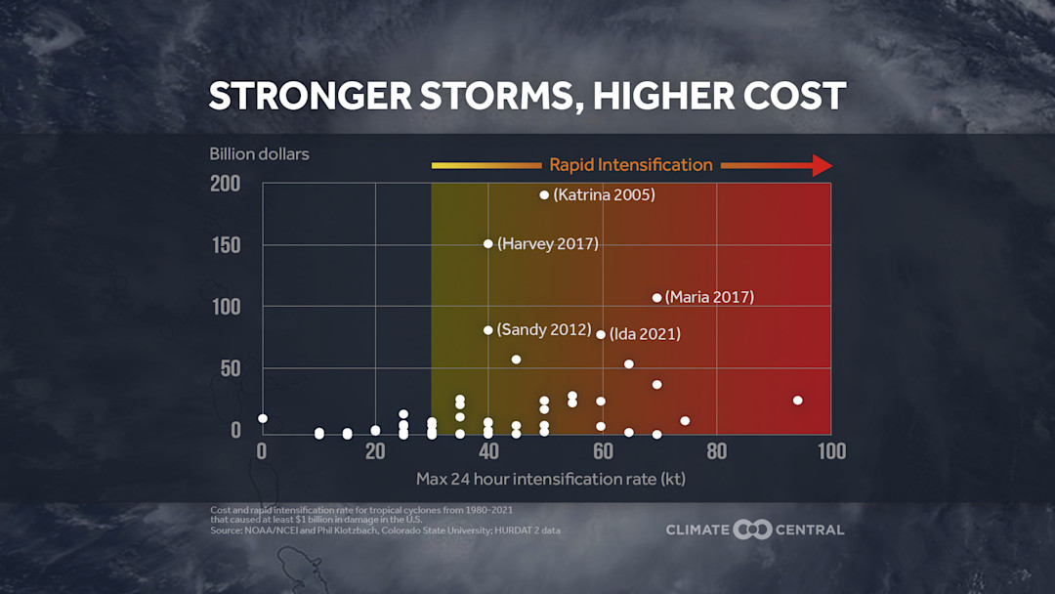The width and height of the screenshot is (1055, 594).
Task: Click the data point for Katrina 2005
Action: [x=544, y=194]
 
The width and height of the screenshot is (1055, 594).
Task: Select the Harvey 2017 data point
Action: [x=487, y=243]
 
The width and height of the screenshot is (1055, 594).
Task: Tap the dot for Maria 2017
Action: [x=656, y=297]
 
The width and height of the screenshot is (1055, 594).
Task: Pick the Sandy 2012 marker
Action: [x=487, y=330]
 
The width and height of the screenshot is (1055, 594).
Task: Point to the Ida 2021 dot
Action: [x=600, y=334]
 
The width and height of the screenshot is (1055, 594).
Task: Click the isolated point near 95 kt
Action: [x=797, y=400]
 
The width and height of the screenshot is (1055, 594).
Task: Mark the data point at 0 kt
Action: [x=262, y=418]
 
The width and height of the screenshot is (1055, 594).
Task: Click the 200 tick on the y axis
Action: [x=225, y=184]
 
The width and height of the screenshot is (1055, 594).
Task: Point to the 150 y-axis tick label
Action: [x=225, y=245]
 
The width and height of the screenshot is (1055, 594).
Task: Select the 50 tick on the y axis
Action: [x=230, y=368]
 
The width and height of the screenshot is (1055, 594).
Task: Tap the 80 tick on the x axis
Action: [x=716, y=451]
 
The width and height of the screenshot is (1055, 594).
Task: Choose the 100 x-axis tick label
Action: [x=830, y=451]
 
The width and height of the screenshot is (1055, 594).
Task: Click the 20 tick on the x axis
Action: [x=375, y=451]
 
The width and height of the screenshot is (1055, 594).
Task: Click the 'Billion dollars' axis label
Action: [x=259, y=153]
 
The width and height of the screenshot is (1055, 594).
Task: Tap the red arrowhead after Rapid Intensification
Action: [x=822, y=165]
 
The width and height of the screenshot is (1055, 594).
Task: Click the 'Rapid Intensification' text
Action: [x=630, y=164]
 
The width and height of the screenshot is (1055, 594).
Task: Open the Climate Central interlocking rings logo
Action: [x=752, y=530]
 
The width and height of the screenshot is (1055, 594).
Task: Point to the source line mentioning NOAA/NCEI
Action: [x=385, y=530]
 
